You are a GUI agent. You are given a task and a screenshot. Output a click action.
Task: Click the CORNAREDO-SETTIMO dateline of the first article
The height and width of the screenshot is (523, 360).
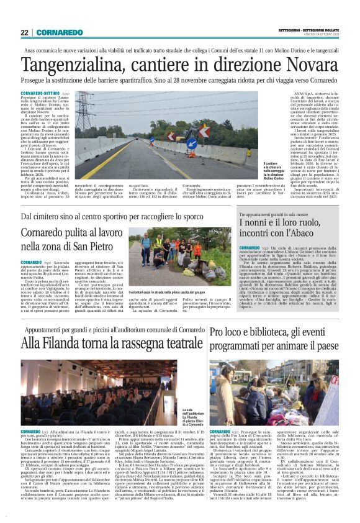38,93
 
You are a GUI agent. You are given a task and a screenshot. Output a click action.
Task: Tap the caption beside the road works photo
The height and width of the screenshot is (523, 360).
237,169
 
